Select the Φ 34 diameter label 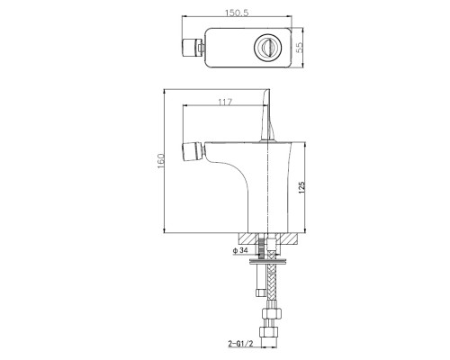click(x=239, y=250)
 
